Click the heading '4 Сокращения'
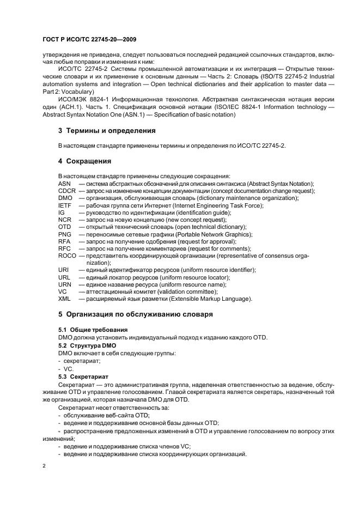click(x=84, y=161)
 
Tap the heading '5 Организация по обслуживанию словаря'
click(x=135, y=314)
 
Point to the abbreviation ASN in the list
click(x=64, y=184)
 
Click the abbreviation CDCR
click(x=67, y=191)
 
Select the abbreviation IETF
click(x=64, y=205)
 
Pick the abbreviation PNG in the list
click(x=64, y=234)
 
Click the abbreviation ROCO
click(x=67, y=256)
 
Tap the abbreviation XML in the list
click(x=64, y=299)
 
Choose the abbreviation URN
click(x=64, y=284)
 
